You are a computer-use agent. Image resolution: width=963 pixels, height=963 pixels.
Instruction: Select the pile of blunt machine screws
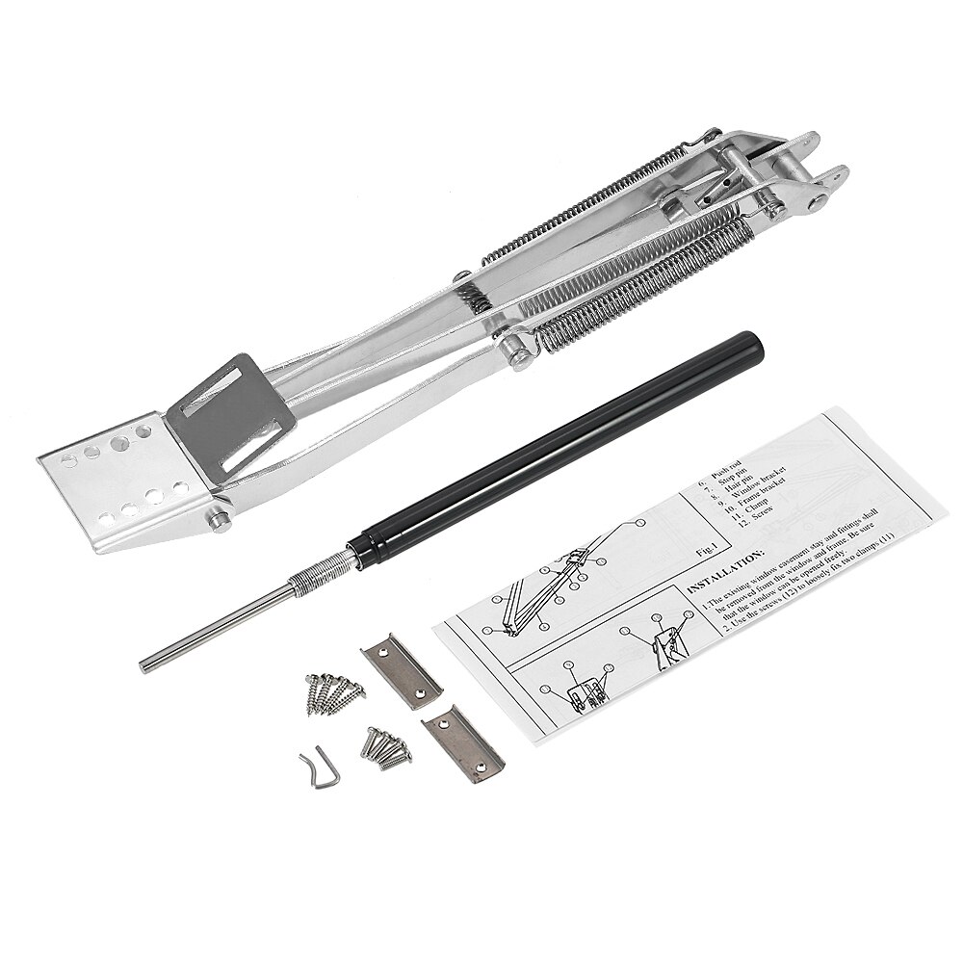[386, 745]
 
